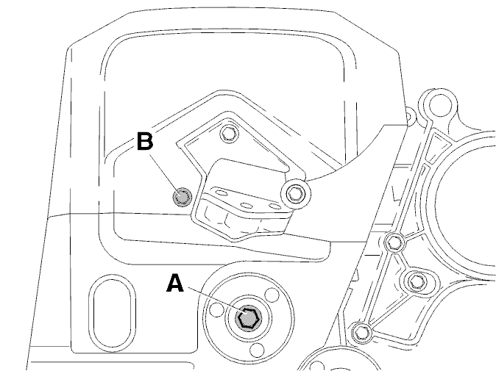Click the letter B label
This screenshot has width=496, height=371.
point(145,140)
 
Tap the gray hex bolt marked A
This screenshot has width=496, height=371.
point(248,319)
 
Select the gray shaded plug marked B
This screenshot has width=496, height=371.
point(183,198)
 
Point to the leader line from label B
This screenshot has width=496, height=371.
point(165,176)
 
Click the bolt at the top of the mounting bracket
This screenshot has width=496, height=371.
point(228,133)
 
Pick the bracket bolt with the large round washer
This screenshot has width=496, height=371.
point(296,193)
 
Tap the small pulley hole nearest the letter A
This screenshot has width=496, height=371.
point(216,310)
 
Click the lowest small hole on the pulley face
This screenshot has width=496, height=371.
point(257,350)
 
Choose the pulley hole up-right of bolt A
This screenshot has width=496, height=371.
point(272,295)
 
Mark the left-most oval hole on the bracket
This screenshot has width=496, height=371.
point(221,192)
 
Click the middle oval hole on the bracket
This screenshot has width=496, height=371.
point(247,205)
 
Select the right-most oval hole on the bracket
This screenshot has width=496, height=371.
point(275,207)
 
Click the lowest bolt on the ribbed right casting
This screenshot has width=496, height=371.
point(361,333)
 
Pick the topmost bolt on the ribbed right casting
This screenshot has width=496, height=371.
point(394,243)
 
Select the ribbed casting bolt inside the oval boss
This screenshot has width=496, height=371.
point(417,281)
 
